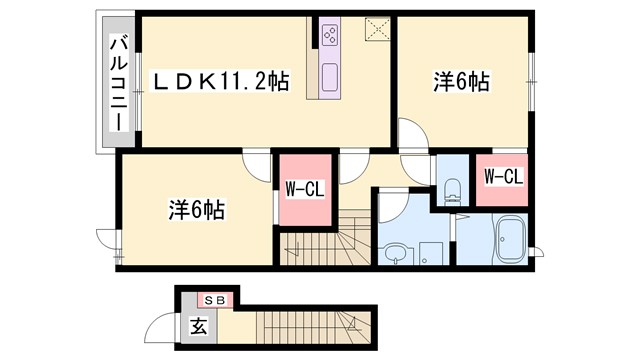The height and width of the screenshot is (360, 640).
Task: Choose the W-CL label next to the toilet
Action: (x=503, y=178)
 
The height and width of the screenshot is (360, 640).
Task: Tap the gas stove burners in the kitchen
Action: (x=331, y=37)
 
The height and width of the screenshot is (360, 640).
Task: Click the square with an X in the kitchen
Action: (x=376, y=28)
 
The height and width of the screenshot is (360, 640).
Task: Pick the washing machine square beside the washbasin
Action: (x=431, y=253)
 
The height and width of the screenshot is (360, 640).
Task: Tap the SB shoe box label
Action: (x=214, y=299)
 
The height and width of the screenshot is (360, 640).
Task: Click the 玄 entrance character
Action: (x=197, y=324)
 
